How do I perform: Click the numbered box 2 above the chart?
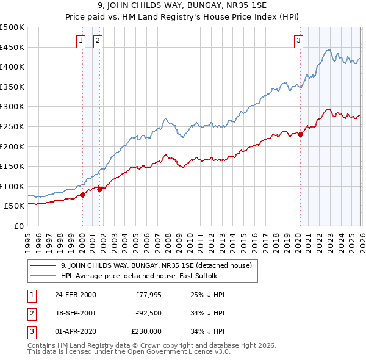(98, 41)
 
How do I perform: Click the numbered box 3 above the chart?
(298, 41)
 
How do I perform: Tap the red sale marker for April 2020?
(300, 135)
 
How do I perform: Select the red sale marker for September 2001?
(99, 189)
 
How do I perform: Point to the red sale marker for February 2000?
(82, 195)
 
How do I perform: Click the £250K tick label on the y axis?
(12, 126)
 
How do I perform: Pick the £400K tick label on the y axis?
(12, 67)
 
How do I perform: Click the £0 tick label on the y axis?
(18, 226)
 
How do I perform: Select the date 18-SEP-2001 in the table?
(76, 313)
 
